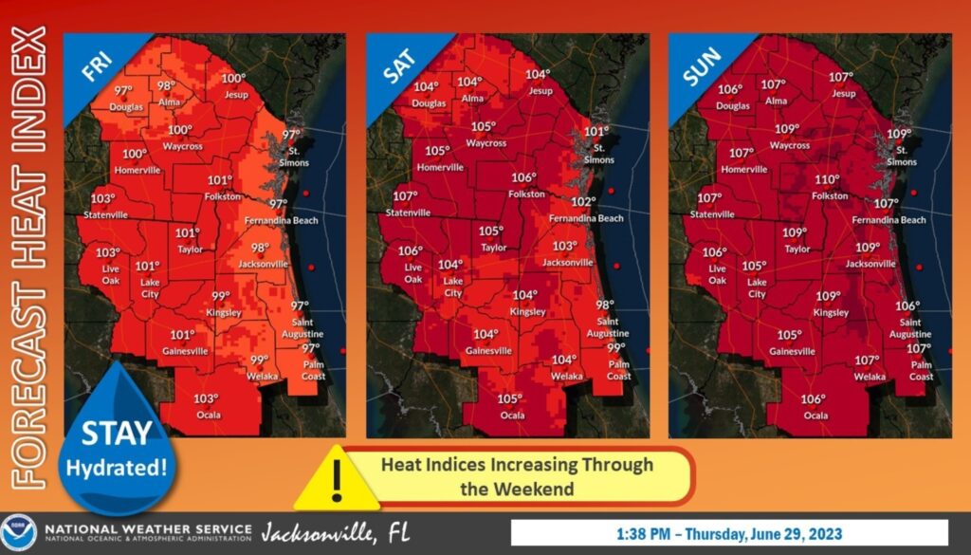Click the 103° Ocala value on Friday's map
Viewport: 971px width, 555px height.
pyautogui.click(x=206, y=398)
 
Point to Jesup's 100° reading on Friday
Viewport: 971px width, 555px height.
pyautogui.click(x=233, y=79)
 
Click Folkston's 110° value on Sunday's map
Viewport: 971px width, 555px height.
pyautogui.click(x=828, y=180)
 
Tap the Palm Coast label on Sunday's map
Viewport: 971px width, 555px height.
pyautogui.click(x=920, y=370)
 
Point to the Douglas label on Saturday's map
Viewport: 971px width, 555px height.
pyautogui.click(x=429, y=103)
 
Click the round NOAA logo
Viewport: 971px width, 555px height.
pyautogui.click(x=19, y=532)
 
